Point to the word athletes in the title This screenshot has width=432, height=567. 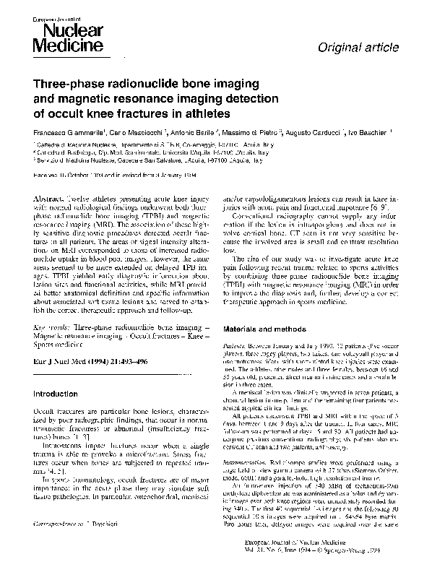tap(203, 113)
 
